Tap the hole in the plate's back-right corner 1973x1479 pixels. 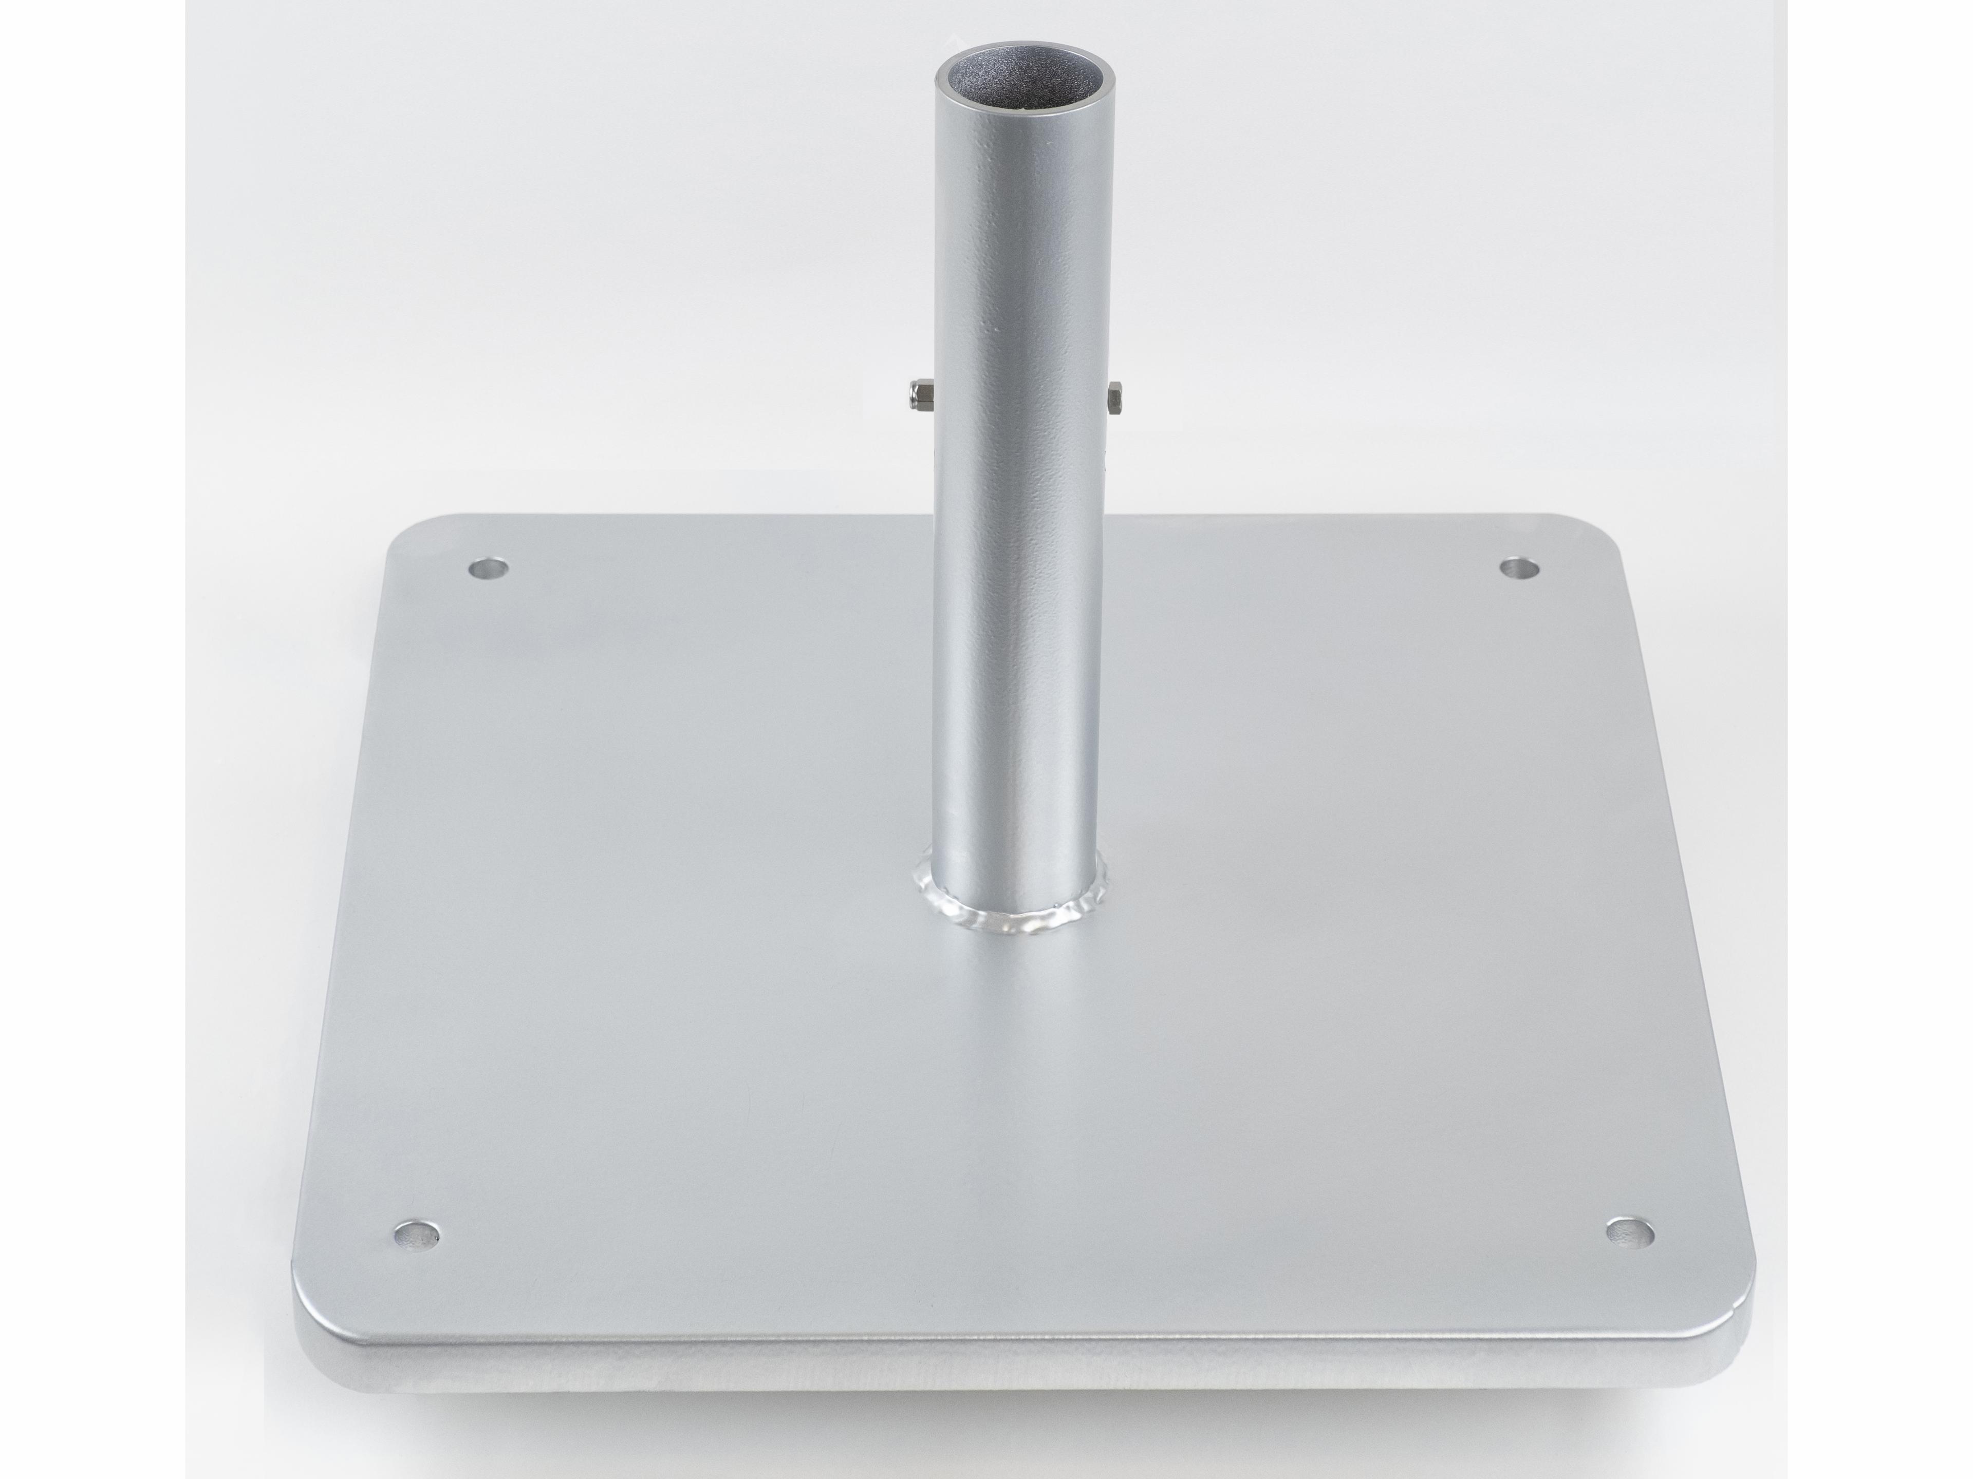pos(1520,568)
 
